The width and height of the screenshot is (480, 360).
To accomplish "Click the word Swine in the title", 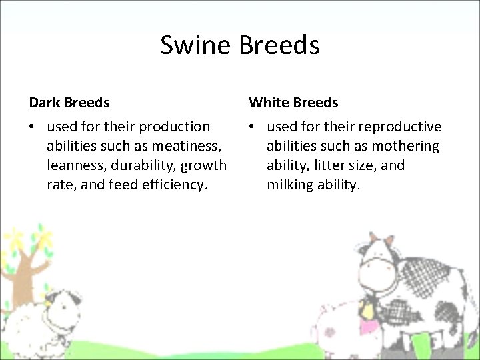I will point(195,45).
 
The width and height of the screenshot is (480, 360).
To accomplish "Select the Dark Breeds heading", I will point(69,103).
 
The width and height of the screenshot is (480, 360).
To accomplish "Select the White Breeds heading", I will point(293,103).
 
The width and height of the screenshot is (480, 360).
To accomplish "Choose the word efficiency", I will point(175,185).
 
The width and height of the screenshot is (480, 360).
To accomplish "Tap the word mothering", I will point(405,146).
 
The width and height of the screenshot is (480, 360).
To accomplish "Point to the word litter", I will point(325,165).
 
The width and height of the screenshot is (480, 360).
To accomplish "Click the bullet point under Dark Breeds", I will point(33,127).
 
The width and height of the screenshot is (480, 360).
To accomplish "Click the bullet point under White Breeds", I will point(253,127).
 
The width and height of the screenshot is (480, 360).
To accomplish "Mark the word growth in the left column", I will point(205,165).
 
